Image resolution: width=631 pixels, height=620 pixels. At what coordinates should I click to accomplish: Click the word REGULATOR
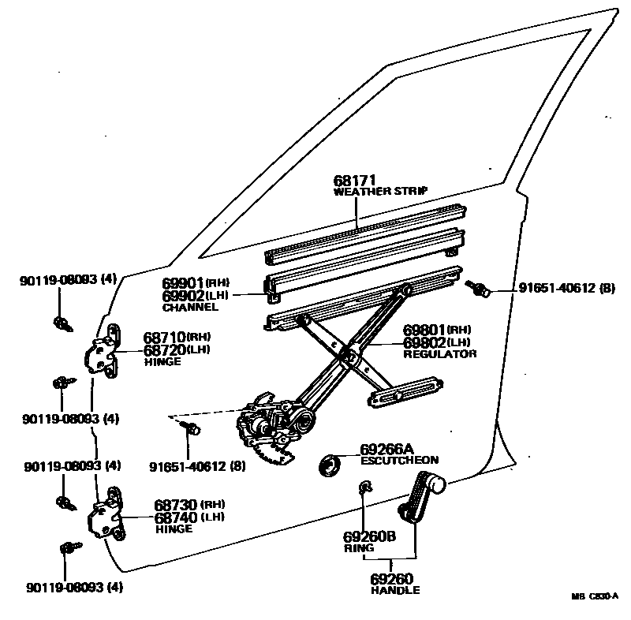click(439, 354)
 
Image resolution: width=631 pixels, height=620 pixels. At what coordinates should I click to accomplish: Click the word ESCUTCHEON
click(399, 460)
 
